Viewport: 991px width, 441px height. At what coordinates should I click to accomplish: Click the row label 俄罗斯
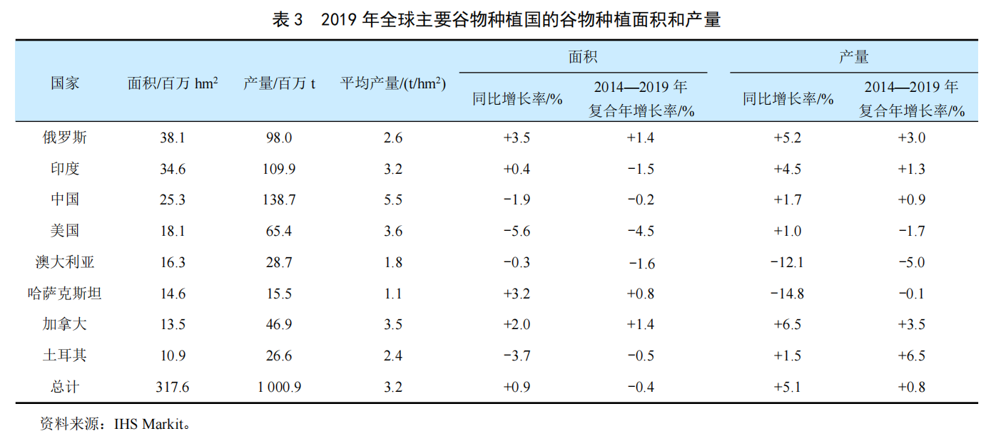click(x=65, y=138)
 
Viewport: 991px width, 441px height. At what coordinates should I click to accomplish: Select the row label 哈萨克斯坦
click(x=65, y=294)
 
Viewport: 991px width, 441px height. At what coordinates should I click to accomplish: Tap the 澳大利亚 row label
click(x=65, y=262)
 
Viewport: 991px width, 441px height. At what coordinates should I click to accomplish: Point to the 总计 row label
click(x=65, y=387)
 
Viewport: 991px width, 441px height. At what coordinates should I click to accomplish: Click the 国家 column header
click(x=65, y=83)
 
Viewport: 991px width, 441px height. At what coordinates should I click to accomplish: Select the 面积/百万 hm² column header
click(x=173, y=83)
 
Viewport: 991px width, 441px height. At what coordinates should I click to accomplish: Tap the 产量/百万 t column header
click(x=279, y=83)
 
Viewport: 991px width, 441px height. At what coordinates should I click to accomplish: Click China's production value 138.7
click(x=278, y=200)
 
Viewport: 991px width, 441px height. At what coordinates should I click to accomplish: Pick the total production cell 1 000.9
click(x=278, y=387)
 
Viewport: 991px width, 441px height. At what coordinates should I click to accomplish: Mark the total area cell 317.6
click(x=173, y=387)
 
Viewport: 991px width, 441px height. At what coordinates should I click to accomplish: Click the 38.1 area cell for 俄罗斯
click(x=173, y=138)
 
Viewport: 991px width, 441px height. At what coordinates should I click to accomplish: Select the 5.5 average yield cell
click(x=392, y=200)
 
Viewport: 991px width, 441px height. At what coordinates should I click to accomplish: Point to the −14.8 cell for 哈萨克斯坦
click(x=788, y=294)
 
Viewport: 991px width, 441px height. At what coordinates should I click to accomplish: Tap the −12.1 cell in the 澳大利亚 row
click(x=788, y=262)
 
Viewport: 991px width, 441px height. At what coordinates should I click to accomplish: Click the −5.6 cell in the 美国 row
click(x=517, y=231)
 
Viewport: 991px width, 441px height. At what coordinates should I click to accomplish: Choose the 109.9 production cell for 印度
click(x=278, y=169)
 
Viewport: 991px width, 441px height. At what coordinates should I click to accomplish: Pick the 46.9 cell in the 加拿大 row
click(x=278, y=325)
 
